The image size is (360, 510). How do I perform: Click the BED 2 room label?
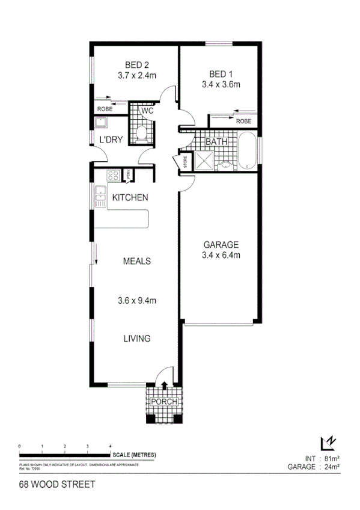click(x=137, y=65)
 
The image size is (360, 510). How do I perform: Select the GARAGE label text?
click(x=221, y=245)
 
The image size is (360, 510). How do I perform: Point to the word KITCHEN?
click(x=130, y=197)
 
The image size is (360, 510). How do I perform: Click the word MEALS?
click(x=136, y=261)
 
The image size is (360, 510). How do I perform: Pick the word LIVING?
click(x=136, y=339)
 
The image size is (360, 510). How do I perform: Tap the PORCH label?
click(x=164, y=402)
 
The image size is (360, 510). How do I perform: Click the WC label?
click(x=147, y=111)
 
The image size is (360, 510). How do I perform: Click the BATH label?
click(x=215, y=143)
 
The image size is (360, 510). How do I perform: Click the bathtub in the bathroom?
click(x=248, y=151)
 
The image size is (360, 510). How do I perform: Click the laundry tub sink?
click(x=100, y=123)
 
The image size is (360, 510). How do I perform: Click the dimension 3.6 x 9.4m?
click(x=136, y=300)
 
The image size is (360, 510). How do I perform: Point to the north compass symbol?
click(x=328, y=443)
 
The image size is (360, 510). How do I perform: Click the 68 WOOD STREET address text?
click(x=57, y=483)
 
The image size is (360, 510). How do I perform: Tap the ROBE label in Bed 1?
click(x=243, y=121)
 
